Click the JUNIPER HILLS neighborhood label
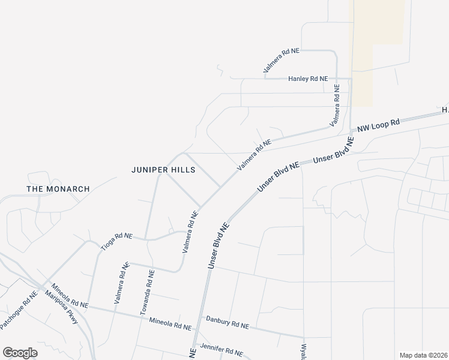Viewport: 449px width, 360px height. [163, 170]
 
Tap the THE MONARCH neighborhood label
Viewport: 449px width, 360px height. [58, 189]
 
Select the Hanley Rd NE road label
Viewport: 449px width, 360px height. [308, 79]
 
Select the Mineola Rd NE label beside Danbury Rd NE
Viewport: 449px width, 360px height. [170, 325]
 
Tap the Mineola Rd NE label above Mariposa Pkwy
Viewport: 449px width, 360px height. [70, 296]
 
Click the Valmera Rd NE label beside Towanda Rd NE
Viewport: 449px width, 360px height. [121, 282]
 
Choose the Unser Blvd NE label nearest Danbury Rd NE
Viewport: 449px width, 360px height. [219, 245]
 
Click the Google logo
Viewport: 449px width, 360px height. [20, 353]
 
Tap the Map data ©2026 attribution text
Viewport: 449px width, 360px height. [423, 355]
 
